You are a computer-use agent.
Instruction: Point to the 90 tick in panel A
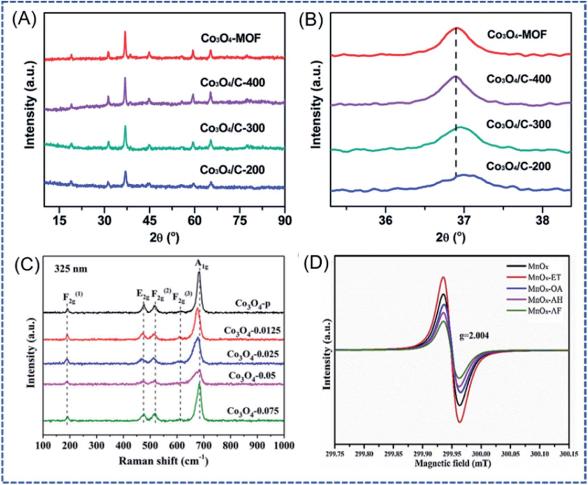coord(285,220)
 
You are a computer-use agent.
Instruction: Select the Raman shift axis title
coord(166,460)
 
